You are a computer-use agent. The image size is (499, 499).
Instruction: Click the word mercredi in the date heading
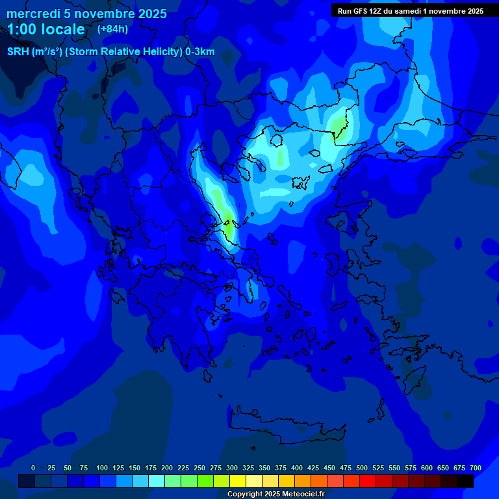point(33,14)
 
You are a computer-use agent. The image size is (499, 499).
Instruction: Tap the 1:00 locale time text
point(46,29)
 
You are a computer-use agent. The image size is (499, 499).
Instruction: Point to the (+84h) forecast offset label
point(112,29)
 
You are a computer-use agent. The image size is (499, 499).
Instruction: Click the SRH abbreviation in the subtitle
point(18,52)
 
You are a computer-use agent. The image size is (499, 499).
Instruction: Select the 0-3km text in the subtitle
point(200,52)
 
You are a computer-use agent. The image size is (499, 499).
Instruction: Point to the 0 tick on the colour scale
point(33,468)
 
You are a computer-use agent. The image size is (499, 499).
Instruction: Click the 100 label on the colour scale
point(102,468)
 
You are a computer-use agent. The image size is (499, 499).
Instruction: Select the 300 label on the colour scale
point(232,468)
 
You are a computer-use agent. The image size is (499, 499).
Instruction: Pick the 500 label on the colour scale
point(362,468)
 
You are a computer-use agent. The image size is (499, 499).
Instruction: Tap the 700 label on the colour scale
point(476,468)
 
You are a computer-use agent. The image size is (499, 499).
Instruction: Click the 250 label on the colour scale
point(199,468)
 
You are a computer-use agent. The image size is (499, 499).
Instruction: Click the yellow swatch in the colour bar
point(238,481)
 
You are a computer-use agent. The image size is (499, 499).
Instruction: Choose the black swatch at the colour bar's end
point(465,481)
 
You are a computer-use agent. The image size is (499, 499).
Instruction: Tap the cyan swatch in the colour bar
point(157,481)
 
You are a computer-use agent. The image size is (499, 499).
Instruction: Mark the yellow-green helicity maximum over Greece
point(229,227)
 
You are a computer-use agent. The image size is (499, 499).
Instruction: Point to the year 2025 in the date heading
point(151,14)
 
